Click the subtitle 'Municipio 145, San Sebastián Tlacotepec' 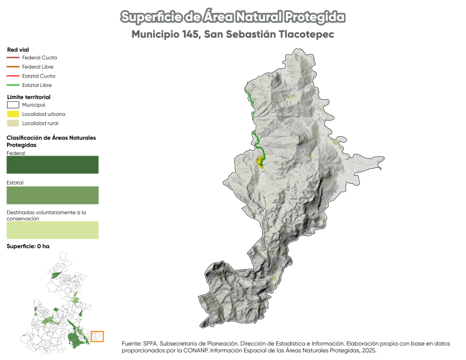pyautogui.click(x=232, y=35)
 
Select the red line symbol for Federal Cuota pyautogui.click(x=13, y=58)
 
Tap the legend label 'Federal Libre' pyautogui.click(x=38, y=67)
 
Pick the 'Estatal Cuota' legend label pyautogui.click(x=38, y=76)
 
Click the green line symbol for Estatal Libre pyautogui.click(x=13, y=86)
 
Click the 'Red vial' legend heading pyautogui.click(x=18, y=50)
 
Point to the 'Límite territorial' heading pyautogui.click(x=29, y=97)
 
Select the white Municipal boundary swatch pyautogui.click(x=13, y=105)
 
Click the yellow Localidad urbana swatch pyautogui.click(x=13, y=114)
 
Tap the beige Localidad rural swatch pyautogui.click(x=13, y=123)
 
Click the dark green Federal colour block pyautogui.click(x=52, y=165)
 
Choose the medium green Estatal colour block pyautogui.click(x=52, y=195)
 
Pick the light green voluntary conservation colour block pyautogui.click(x=52, y=230)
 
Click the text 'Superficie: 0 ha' pyautogui.click(x=28, y=246)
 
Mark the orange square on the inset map pyautogui.click(x=97, y=336)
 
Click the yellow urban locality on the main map pyautogui.click(x=259, y=161)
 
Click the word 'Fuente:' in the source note pyautogui.click(x=131, y=344)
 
